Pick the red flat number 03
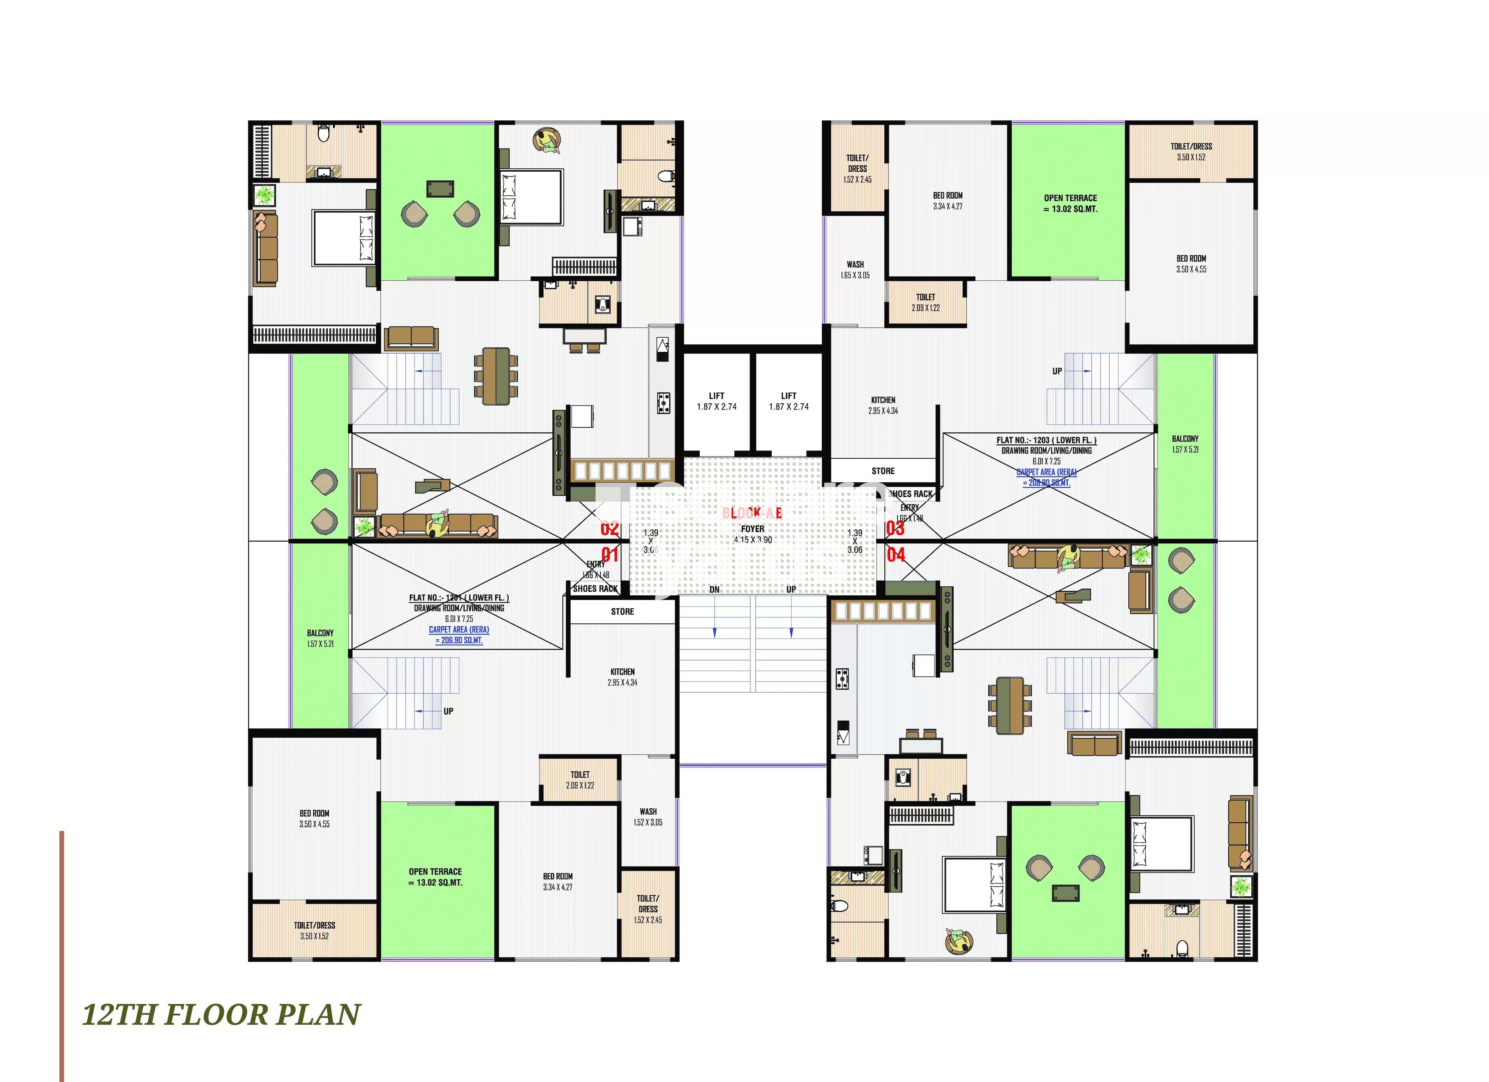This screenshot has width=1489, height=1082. click(895, 528)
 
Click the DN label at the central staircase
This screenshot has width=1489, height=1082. click(714, 589)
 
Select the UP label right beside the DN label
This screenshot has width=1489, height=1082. click(791, 589)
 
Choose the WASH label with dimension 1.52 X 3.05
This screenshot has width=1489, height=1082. click(648, 811)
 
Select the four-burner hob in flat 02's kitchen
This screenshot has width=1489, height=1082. click(663, 402)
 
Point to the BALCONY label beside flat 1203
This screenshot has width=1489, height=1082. click(1185, 439)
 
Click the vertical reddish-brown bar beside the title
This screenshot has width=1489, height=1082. click(62, 956)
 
